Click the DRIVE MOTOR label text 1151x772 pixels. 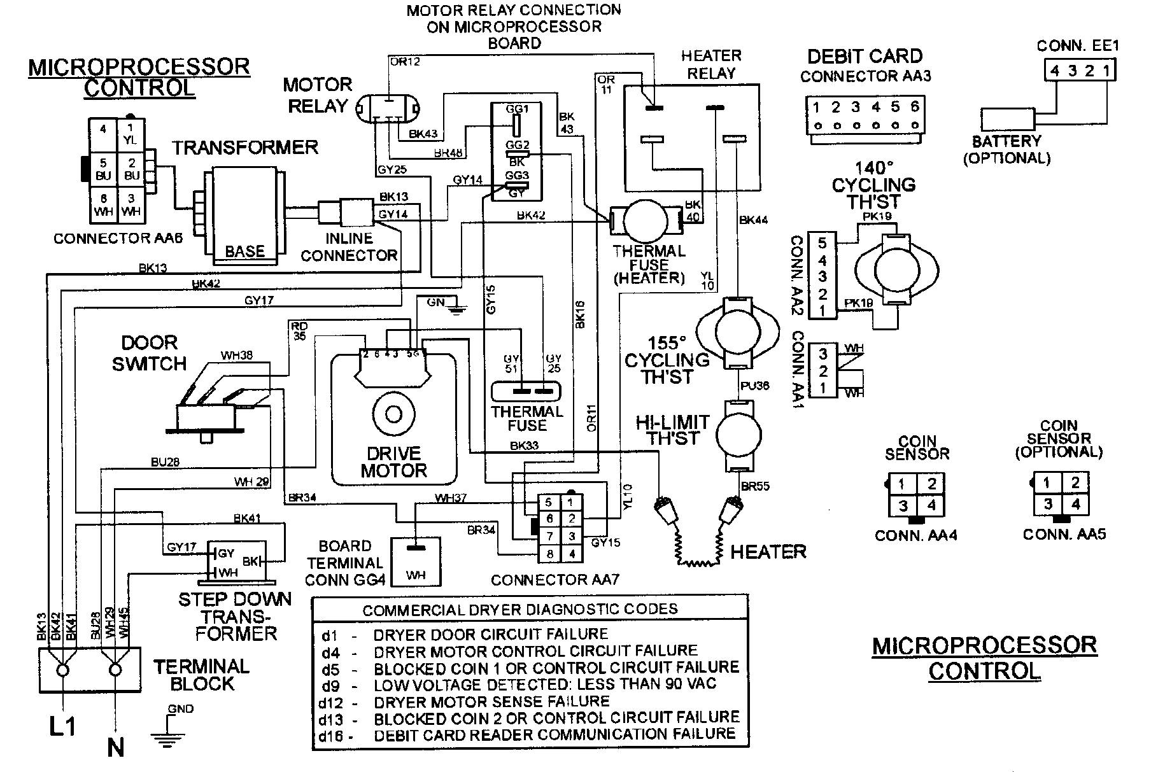pyautogui.click(x=393, y=462)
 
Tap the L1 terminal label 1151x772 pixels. pyautogui.click(x=62, y=725)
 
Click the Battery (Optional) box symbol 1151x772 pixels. pyautogui.click(x=1007, y=120)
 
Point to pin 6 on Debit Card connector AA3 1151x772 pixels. pyautogui.click(x=914, y=108)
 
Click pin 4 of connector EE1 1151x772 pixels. pyautogui.click(x=1055, y=71)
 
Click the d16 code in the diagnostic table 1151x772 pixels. pyautogui.click(x=331, y=736)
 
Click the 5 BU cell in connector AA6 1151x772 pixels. pyautogui.click(x=104, y=169)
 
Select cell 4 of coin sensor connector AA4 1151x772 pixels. pyautogui.click(x=931, y=507)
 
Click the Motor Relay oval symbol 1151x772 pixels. pyautogui.click(x=387, y=108)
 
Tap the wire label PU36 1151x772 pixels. pyautogui.click(x=754, y=386)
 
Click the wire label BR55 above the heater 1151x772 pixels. pyautogui.click(x=755, y=486)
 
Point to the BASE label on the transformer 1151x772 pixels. pyautogui.click(x=244, y=251)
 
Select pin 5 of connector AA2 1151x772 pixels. pyautogui.click(x=822, y=243)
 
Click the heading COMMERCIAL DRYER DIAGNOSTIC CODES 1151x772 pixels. pyautogui.click(x=519, y=610)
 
